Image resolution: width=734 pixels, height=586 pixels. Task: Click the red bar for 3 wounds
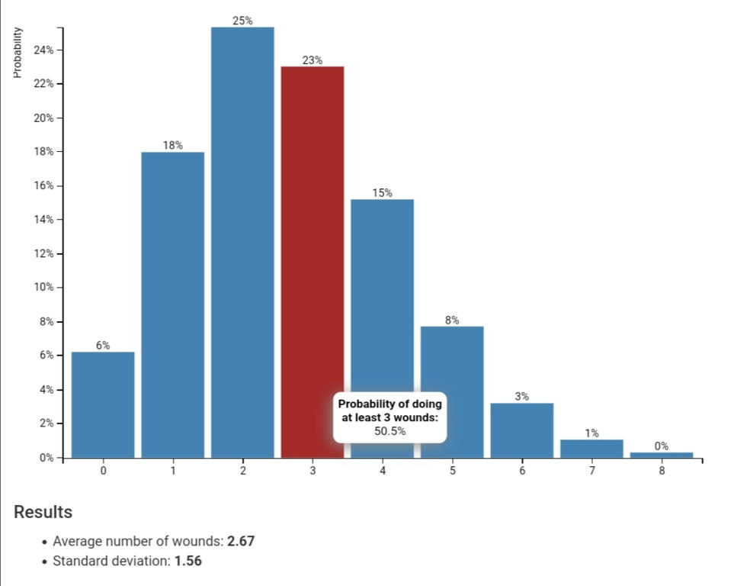pyautogui.click(x=312, y=259)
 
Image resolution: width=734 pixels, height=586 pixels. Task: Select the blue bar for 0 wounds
pyautogui.click(x=103, y=404)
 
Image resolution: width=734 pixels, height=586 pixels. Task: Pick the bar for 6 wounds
pyautogui.click(x=521, y=430)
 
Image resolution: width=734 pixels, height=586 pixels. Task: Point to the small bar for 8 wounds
pyautogui.click(x=661, y=455)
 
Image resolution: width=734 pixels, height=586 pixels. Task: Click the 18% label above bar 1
pyautogui.click(x=172, y=145)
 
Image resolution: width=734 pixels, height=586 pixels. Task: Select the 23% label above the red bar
pyautogui.click(x=312, y=60)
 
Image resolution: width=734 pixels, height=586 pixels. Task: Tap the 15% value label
pyautogui.click(x=383, y=193)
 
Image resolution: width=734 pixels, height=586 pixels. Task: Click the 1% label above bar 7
pyautogui.click(x=591, y=433)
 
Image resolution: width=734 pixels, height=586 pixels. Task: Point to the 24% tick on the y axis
pyautogui.click(x=42, y=50)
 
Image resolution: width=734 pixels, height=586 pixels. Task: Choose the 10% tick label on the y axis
pyautogui.click(x=42, y=288)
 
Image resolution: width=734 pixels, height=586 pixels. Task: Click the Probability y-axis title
pyautogui.click(x=16, y=53)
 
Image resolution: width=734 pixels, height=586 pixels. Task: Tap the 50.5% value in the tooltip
pyautogui.click(x=389, y=431)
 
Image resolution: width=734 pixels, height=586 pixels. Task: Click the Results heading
pyautogui.click(x=43, y=512)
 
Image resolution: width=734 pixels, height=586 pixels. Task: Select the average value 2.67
pyautogui.click(x=241, y=541)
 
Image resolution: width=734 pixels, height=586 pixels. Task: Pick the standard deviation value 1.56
pyautogui.click(x=188, y=561)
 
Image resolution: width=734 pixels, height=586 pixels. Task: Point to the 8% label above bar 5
pyautogui.click(x=452, y=320)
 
